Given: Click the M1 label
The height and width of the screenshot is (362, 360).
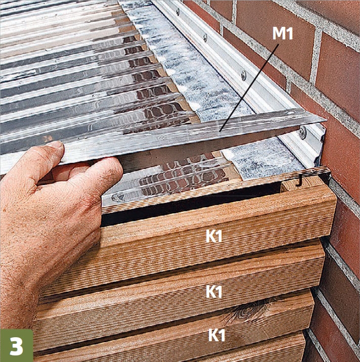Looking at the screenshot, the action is point(283,34).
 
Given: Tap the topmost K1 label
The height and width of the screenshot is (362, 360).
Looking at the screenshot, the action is point(213,236).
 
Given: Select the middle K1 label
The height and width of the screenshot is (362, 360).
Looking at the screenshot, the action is point(213,292).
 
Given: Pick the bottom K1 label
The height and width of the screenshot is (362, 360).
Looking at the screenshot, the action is point(216,335).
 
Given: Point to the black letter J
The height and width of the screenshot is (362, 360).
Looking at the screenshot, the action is point(299,182).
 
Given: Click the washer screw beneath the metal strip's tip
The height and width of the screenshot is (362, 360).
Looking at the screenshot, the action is point(303,132).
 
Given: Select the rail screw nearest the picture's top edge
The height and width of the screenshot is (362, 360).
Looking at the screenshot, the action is point(177,11).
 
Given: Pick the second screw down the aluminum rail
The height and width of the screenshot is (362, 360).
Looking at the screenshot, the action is point(205,36).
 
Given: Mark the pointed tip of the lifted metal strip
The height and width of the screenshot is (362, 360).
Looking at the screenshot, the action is point(325,120).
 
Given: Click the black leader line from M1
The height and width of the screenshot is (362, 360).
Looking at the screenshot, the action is point(249,88).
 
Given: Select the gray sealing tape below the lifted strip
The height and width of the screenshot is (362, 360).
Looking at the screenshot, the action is point(263,159).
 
